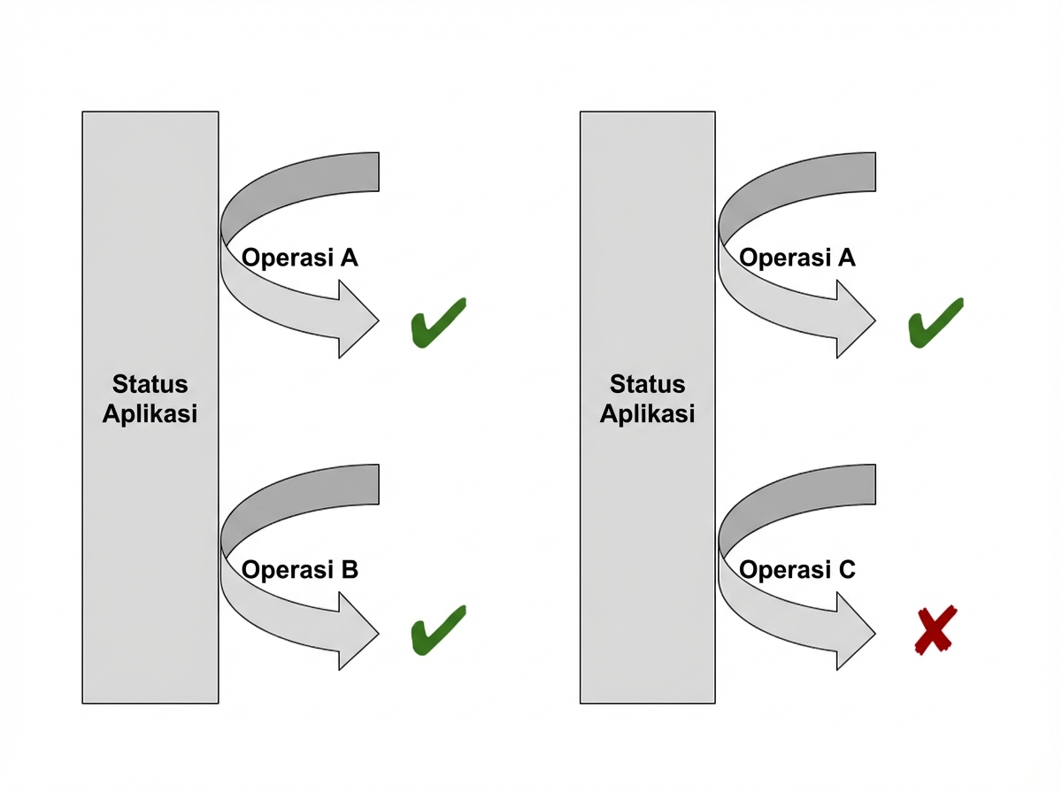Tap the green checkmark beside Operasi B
437,630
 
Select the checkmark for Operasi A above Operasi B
437,320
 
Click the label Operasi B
300,570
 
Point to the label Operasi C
797,570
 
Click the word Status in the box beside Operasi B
150,384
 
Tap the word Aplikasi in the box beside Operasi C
648,413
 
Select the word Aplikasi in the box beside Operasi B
150,413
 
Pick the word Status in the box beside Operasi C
648,384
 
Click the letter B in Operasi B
349,570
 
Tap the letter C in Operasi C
846,570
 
